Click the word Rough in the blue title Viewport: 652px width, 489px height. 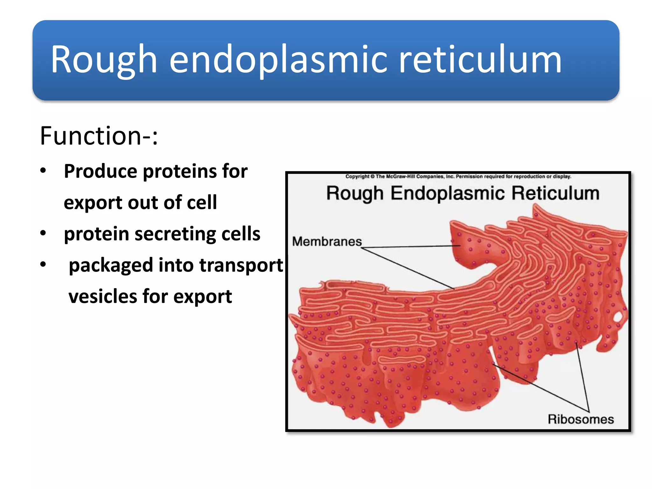coord(104,60)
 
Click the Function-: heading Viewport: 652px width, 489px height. coord(99,136)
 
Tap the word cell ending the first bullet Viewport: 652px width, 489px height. coord(202,202)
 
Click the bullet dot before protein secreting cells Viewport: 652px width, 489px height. coord(43,233)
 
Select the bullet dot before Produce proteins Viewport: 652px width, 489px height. coord(43,171)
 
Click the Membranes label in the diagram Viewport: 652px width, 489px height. coord(327,242)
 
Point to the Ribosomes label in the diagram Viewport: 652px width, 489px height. coord(580,419)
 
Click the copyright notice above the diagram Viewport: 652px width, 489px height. coord(458,176)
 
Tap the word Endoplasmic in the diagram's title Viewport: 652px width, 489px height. coord(448,194)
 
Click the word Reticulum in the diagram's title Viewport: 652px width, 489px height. coord(556,194)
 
